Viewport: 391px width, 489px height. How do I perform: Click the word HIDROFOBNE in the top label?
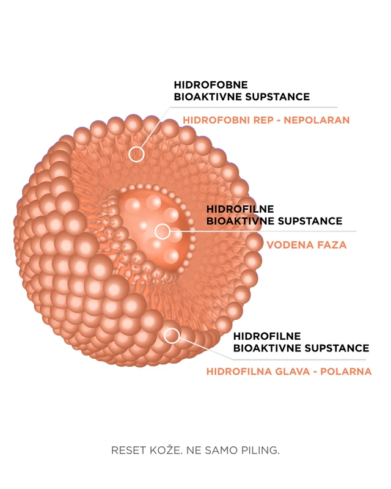pos(211,85)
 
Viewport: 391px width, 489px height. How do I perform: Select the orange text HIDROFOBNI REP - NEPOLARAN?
pos(266,120)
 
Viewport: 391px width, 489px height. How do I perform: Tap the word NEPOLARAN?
pos(317,120)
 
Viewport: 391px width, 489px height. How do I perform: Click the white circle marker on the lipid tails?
pos(137,154)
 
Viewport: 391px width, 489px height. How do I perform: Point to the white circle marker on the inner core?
pos(163,232)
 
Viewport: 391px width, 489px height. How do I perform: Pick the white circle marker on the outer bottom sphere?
pos(172,336)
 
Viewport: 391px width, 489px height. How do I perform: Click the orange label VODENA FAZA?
pos(307,245)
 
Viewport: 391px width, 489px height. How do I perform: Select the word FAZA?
pos(332,245)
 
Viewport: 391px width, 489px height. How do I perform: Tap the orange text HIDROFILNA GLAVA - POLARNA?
pos(289,372)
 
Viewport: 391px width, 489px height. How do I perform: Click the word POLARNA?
pos(346,372)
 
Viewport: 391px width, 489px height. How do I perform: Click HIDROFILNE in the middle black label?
pos(240,209)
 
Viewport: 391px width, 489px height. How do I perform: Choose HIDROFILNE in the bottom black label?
pos(267,336)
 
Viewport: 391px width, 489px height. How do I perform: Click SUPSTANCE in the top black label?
pos(277,97)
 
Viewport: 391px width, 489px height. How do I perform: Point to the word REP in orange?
pos(263,120)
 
